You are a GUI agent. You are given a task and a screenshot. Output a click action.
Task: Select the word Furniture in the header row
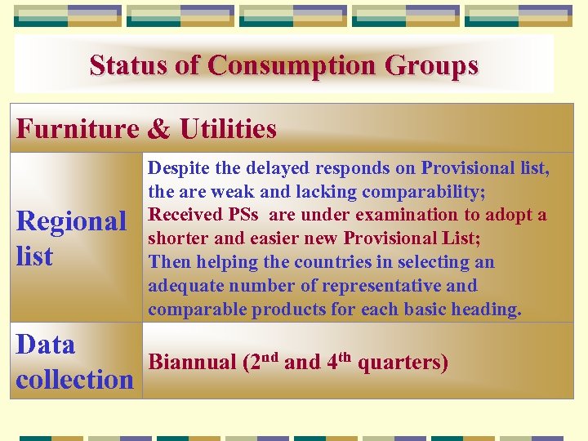78,129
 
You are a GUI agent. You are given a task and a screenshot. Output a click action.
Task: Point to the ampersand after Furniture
159,129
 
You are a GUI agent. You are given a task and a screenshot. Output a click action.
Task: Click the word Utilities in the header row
228,129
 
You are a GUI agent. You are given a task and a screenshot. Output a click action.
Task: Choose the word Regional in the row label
71,221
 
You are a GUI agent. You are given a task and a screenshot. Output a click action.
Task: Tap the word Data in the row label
46,345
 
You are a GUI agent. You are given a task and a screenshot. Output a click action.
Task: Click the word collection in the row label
74,380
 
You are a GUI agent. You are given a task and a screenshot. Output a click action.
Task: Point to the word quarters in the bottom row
405,363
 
